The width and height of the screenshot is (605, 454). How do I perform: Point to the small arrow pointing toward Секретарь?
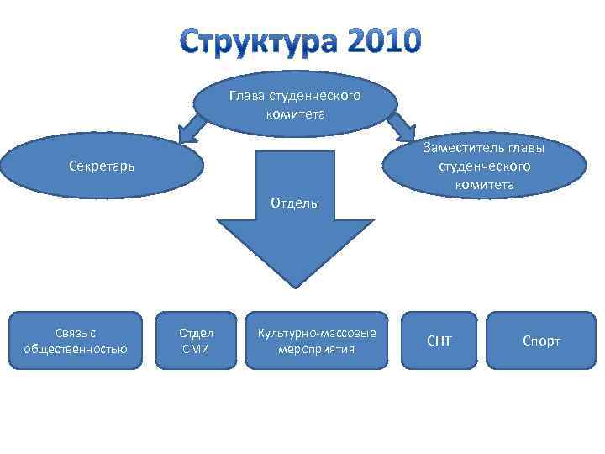point(191,128)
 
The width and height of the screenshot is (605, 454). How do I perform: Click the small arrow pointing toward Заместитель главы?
point(402,127)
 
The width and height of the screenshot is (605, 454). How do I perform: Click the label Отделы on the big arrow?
point(294,203)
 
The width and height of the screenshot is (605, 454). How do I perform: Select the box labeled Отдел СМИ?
point(196,340)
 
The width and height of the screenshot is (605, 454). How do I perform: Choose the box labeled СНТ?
point(439,340)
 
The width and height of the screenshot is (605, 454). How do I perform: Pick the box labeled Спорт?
point(541,340)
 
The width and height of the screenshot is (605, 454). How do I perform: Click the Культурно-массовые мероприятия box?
point(317,340)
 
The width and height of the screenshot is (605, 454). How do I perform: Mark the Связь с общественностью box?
point(76,340)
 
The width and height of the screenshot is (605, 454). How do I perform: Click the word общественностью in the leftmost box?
point(76,349)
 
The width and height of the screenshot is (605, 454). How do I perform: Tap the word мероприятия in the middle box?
point(317,349)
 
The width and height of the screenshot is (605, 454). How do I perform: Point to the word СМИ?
point(196,349)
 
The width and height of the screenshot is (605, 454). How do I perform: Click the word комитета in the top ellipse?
point(295,113)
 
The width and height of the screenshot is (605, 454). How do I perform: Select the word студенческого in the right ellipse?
point(484,166)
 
